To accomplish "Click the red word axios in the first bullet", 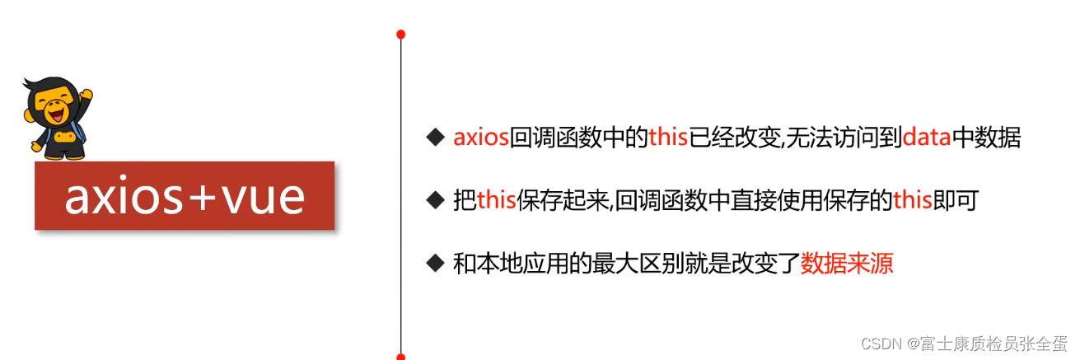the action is tap(481, 138).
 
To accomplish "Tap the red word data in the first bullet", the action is tap(927, 138).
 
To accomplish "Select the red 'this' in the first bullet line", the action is tap(668, 138).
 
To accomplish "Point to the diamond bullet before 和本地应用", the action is tap(435, 264).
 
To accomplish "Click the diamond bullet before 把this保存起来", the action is tap(435, 200).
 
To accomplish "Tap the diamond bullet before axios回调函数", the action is tap(435, 138).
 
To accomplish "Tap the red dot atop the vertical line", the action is tap(401, 35).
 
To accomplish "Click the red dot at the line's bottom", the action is tap(401, 356).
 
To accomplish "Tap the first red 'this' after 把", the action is tap(497, 200).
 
